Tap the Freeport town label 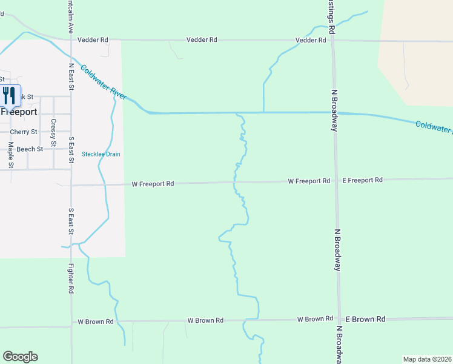19,112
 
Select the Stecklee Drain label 101,154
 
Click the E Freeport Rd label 363,180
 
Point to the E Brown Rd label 365,318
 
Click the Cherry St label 24,132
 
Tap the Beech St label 30,149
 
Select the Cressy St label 53,132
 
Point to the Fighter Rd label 71,278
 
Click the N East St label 71,77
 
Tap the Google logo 20,357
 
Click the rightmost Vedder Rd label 311,40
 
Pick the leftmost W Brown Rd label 96,322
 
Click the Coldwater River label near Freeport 104,83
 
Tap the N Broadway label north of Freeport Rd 334,110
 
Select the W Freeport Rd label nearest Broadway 309,181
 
